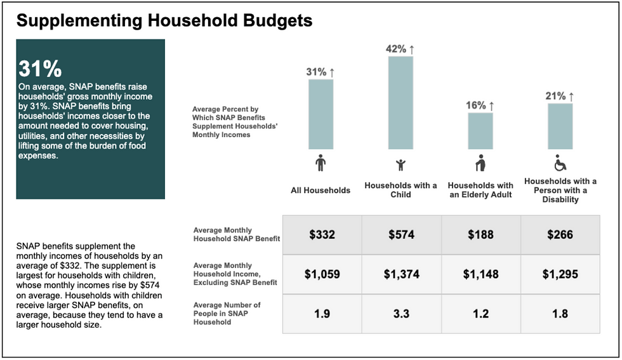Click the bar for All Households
pyautogui.click(x=321, y=114)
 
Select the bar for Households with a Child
pyautogui.click(x=400, y=102)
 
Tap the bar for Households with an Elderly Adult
pyautogui.click(x=480, y=130)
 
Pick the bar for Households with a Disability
pyautogui.click(x=560, y=126)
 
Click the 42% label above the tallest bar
pyautogui.click(x=400, y=49)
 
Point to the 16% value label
pyautogui.click(x=480, y=105)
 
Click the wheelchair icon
pyautogui.click(x=560, y=164)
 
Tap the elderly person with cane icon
pyautogui.click(x=480, y=164)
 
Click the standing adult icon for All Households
pyautogui.click(x=321, y=164)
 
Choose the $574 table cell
pyautogui.click(x=401, y=235)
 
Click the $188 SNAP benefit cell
pyautogui.click(x=480, y=235)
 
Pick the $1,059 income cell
pyautogui.click(x=322, y=274)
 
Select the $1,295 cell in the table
pyautogui.click(x=560, y=274)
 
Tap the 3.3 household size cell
pyautogui.click(x=401, y=314)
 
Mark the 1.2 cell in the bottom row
pyautogui.click(x=480, y=314)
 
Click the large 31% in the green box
pyautogui.click(x=39, y=69)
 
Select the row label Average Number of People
pyautogui.click(x=227, y=314)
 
